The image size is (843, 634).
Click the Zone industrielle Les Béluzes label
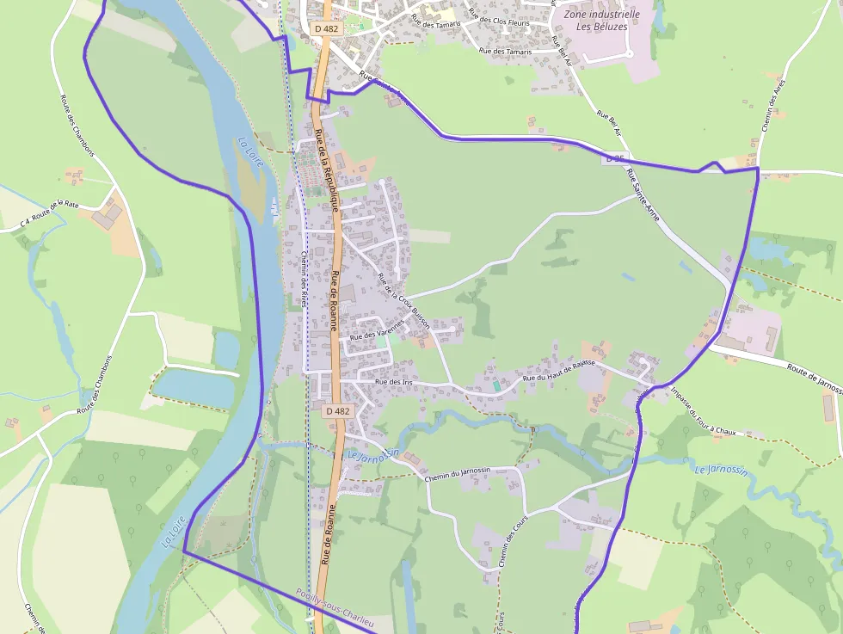(x=601, y=20)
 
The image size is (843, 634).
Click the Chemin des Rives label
(x=304, y=279)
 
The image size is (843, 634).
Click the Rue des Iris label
(x=394, y=381)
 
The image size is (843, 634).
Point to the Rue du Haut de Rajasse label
(x=560, y=372)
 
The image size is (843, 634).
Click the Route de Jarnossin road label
(x=813, y=376)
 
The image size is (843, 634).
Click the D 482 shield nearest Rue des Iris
(x=338, y=411)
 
